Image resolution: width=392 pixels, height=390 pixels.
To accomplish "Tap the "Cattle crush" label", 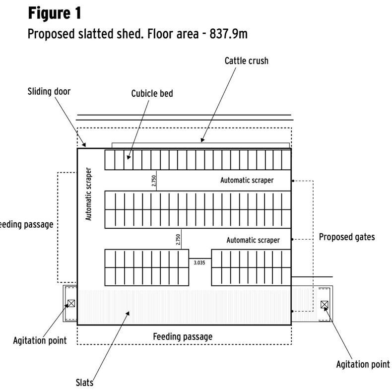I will [246, 61].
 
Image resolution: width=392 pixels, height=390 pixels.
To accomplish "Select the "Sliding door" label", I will [49, 91].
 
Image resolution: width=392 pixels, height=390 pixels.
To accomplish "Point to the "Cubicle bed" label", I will [152, 93].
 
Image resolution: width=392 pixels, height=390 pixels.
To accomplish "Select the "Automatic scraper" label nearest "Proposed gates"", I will [253, 240].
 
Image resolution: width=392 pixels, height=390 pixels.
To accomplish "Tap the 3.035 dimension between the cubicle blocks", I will [199, 263].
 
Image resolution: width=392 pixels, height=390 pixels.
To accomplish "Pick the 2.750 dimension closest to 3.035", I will [178, 240].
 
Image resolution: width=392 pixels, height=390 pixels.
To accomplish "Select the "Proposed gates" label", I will [346, 237].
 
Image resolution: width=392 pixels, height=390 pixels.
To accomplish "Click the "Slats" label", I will [85, 382].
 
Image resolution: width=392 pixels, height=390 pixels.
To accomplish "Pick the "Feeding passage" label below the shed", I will [182, 336].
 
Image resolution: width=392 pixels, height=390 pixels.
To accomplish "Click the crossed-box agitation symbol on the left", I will [71, 303].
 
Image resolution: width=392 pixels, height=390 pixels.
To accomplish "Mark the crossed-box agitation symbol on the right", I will [325, 304].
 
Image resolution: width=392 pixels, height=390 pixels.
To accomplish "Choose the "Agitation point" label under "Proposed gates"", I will [363, 364].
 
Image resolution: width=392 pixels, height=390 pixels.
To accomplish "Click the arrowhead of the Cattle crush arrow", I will [202, 141].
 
